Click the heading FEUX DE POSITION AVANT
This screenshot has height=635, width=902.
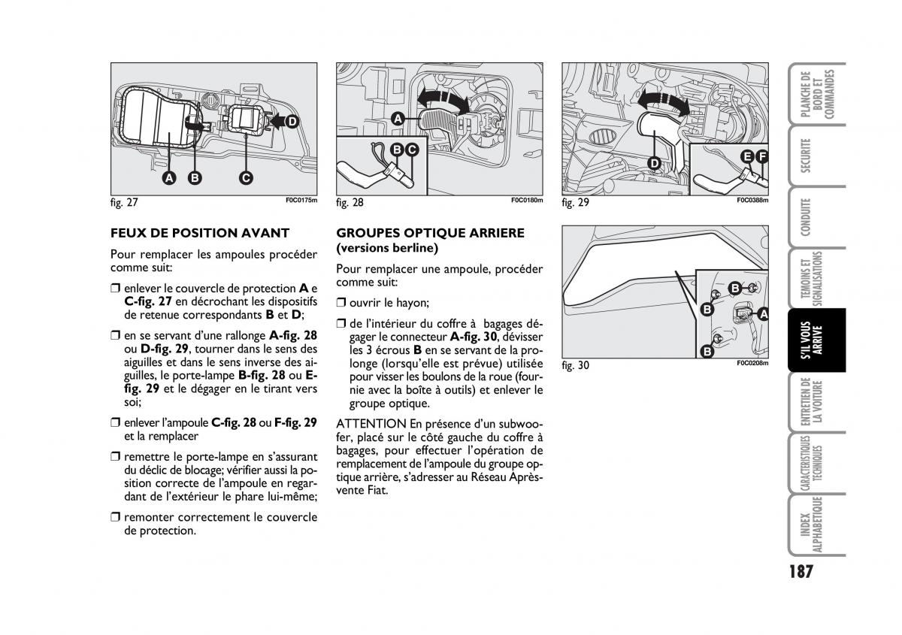click(x=199, y=233)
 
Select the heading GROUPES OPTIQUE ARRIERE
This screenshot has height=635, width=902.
click(x=430, y=233)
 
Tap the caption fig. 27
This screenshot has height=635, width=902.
click(x=124, y=203)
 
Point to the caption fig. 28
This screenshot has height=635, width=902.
click(x=350, y=203)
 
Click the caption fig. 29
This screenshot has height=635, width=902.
click(x=575, y=203)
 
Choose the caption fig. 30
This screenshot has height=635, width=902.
click(x=575, y=366)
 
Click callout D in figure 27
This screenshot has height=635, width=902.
click(x=291, y=121)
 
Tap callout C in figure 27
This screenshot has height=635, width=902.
click(x=245, y=178)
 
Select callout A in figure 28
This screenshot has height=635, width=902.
click(x=398, y=118)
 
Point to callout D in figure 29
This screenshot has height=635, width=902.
click(x=654, y=162)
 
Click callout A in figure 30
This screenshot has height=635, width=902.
click(x=763, y=314)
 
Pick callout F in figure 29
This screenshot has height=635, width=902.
click(x=763, y=156)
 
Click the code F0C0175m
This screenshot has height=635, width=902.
click(x=301, y=201)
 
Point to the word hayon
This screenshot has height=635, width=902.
click(x=412, y=303)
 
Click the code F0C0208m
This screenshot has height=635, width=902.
click(x=752, y=364)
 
